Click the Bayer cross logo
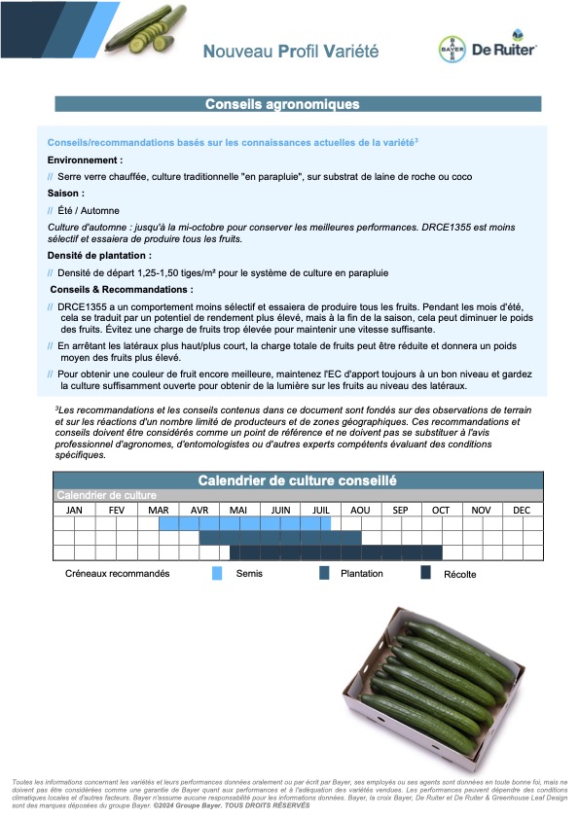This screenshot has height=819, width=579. (x=453, y=48)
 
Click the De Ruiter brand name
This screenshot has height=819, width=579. (x=503, y=48)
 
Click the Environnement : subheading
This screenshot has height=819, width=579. (x=86, y=160)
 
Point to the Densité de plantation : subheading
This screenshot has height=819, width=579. (x=108, y=255)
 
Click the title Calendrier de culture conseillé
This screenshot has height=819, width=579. (x=297, y=481)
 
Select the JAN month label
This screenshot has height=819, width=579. (x=74, y=510)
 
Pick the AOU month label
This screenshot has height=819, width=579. (x=360, y=510)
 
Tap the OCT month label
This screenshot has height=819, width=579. (x=441, y=510)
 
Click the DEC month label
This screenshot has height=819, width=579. (x=522, y=510)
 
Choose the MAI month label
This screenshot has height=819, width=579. (x=238, y=510)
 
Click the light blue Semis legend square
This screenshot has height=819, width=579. (x=217, y=573)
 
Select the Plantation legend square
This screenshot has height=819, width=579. (x=324, y=573)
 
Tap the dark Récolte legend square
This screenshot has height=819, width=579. (x=425, y=573)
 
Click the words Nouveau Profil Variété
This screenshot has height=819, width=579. (x=291, y=52)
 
